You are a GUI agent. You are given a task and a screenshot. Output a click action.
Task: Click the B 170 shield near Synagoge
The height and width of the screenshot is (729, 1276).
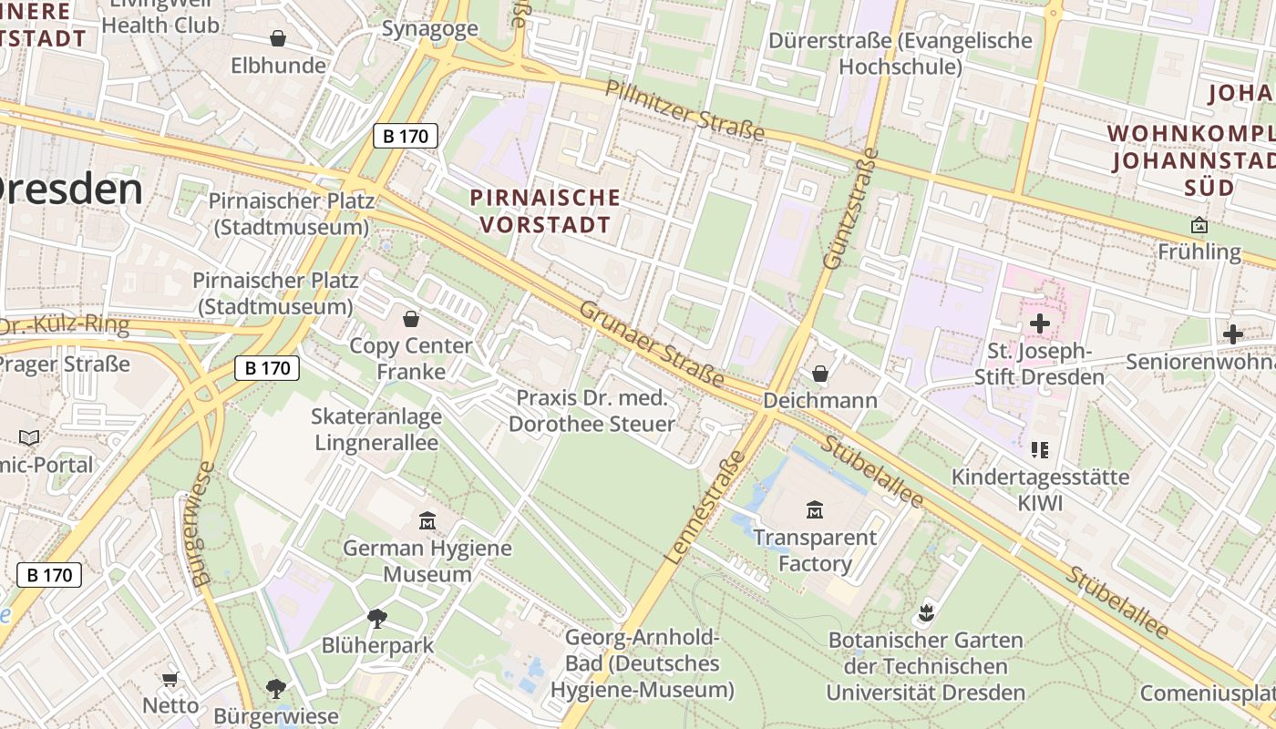[x=406, y=137]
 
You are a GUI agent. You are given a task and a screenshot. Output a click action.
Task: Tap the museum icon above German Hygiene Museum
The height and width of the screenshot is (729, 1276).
[x=427, y=521]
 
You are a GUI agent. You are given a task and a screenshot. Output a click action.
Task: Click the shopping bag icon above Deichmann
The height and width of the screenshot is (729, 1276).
[x=820, y=373]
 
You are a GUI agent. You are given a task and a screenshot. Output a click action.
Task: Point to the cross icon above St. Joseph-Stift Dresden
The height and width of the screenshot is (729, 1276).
[x=1039, y=323]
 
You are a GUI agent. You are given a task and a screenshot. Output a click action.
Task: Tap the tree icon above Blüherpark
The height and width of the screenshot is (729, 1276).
[x=377, y=619]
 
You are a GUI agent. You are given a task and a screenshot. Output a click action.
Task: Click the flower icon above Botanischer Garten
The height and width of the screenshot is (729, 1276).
[x=926, y=612]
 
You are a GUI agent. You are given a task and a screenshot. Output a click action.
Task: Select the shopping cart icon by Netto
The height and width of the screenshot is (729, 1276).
[x=170, y=679]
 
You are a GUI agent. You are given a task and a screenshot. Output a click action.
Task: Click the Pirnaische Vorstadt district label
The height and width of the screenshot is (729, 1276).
[x=545, y=210]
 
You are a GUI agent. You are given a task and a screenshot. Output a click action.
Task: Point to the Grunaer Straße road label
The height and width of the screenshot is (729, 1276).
[x=652, y=344]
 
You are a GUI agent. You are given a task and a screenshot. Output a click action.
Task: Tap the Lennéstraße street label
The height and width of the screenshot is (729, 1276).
[x=706, y=506]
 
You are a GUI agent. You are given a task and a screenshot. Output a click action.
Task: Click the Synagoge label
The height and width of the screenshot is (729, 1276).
[x=430, y=28]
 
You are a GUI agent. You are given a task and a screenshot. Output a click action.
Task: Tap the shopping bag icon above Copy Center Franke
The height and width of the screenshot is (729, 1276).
[x=411, y=318]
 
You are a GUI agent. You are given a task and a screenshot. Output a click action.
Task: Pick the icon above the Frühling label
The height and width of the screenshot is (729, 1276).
[x=1199, y=224]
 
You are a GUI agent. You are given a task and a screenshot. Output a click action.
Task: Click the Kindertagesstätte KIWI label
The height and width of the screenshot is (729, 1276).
[x=1040, y=489]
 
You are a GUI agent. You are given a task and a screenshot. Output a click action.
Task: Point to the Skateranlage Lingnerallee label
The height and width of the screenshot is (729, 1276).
[x=376, y=429]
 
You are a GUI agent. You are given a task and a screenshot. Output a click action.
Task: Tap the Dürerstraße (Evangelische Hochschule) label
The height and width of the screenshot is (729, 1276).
[x=900, y=54]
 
